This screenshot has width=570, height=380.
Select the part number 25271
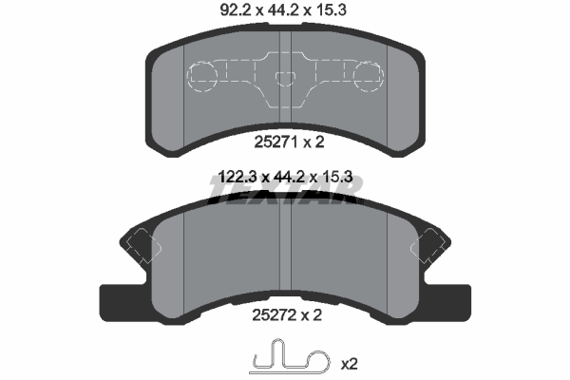coord(276,142)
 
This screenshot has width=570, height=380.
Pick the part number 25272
coord(275,314)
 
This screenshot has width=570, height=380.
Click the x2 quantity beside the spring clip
coord(349,364)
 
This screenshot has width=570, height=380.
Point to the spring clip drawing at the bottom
coord(290,357)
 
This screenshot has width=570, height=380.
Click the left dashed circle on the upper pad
coord(202,76)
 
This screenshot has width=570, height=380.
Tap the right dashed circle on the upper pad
coord(369,76)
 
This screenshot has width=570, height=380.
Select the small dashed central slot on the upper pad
coord(285,79)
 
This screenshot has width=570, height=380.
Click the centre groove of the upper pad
coord(285,77)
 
